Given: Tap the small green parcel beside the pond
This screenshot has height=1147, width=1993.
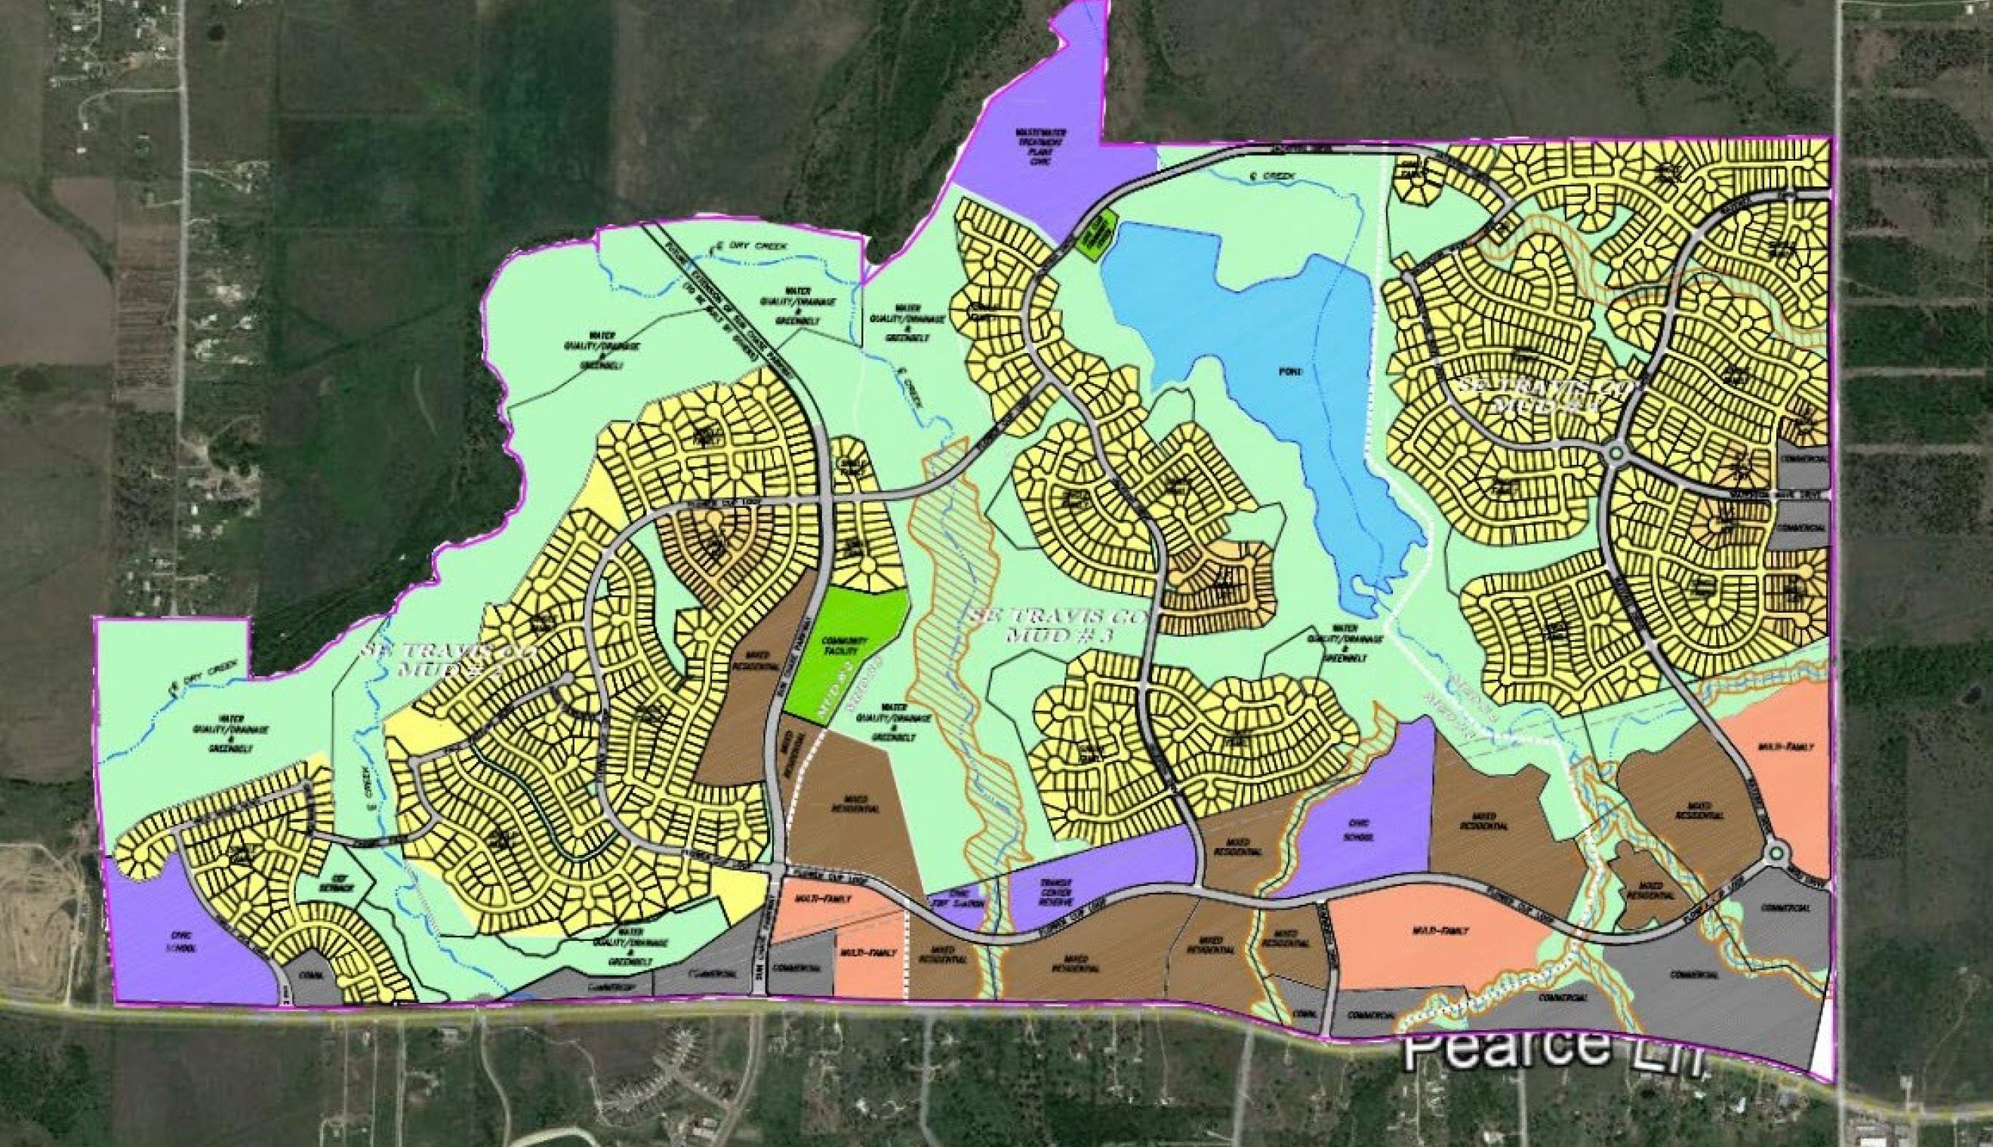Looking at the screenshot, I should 1096,234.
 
